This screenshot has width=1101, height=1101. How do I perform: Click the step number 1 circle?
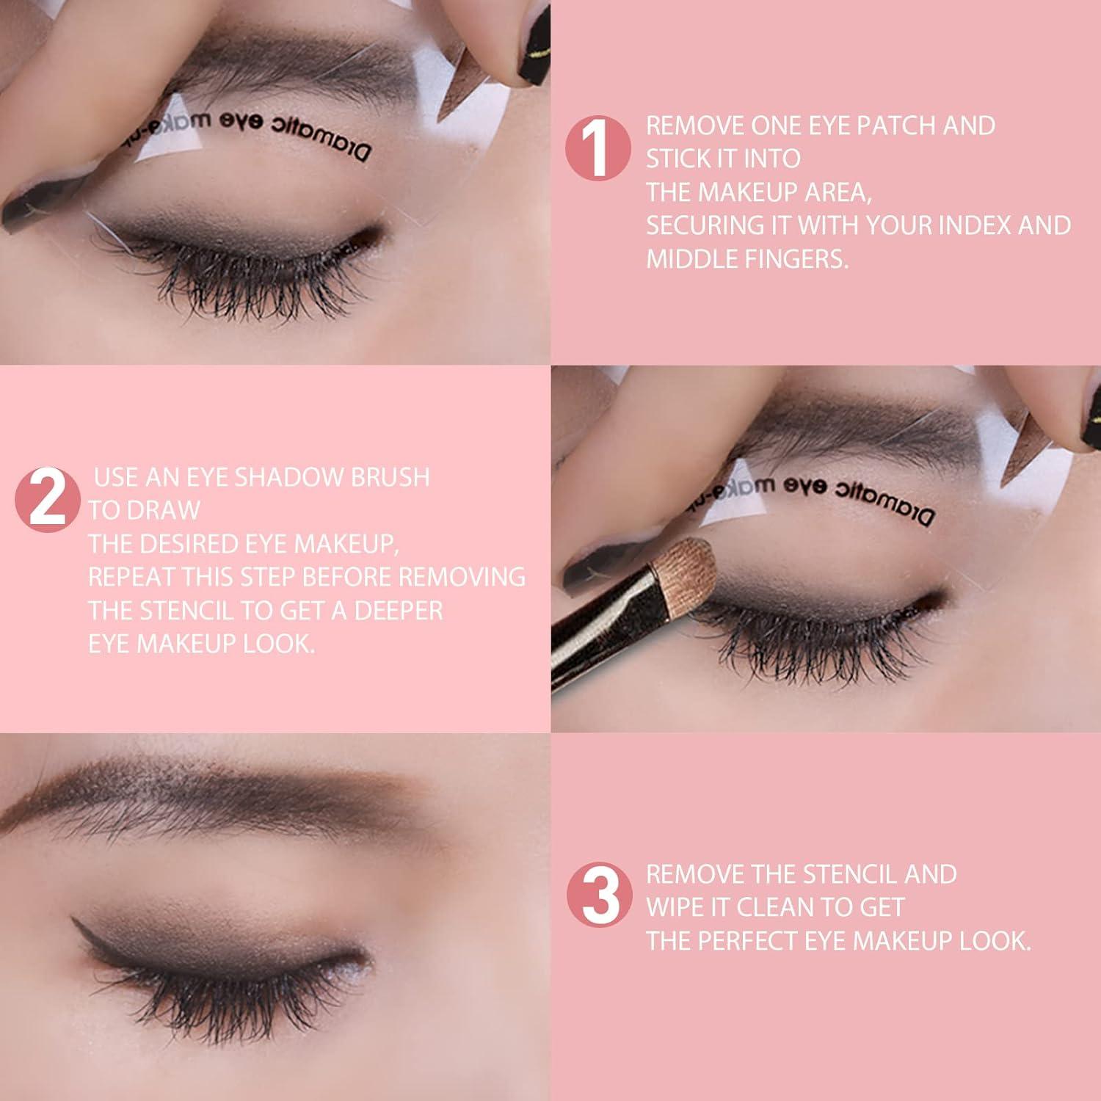click(x=597, y=148)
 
